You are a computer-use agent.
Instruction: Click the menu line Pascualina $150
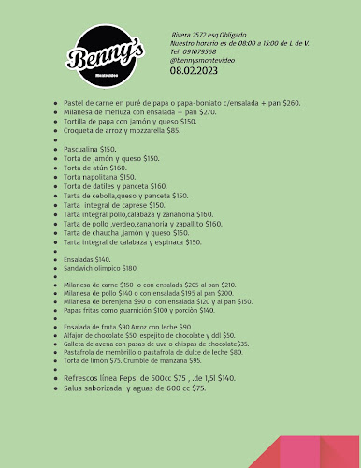click(90, 149)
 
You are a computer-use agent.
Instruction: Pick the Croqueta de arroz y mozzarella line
click(122, 130)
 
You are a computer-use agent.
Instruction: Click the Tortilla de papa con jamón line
click(130, 121)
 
